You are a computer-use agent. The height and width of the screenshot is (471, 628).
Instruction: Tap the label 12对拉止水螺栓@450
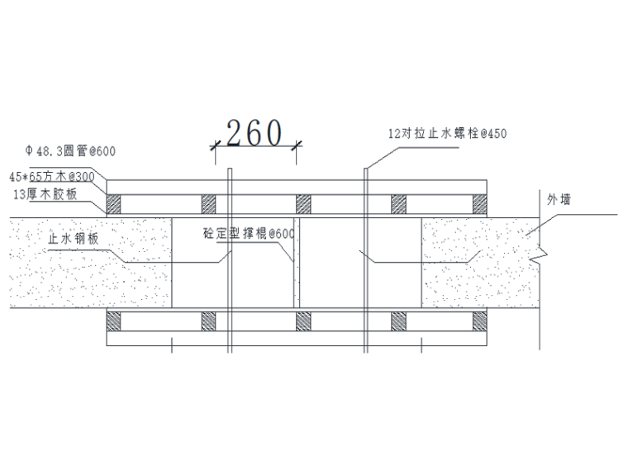pos(446,132)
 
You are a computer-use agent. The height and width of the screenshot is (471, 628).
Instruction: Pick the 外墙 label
pos(559,199)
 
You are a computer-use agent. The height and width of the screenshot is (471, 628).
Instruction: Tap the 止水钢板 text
pos(74,239)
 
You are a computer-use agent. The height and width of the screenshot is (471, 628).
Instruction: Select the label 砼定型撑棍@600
pos(249,234)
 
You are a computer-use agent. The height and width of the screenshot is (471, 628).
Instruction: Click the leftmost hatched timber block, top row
pos(114,202)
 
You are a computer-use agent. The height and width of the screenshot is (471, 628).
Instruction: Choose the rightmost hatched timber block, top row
pos(480,202)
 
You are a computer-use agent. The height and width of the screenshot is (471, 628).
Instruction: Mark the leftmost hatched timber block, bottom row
pos(114,321)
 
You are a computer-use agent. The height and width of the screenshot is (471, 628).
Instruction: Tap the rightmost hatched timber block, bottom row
pos(480,321)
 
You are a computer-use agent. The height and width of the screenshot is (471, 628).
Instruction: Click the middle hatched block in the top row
pos(303,202)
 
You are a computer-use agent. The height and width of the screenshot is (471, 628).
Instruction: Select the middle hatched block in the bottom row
pos(303,321)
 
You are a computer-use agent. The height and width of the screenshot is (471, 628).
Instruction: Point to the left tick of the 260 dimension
pos(213,145)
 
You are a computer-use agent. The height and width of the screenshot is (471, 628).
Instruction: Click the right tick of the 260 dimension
pos(297,145)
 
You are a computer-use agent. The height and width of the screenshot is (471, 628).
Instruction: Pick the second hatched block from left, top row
pos(208,202)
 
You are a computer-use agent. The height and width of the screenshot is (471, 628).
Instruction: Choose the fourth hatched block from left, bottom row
pos(398,321)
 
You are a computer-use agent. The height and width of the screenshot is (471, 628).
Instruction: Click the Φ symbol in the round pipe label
pos(29,152)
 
